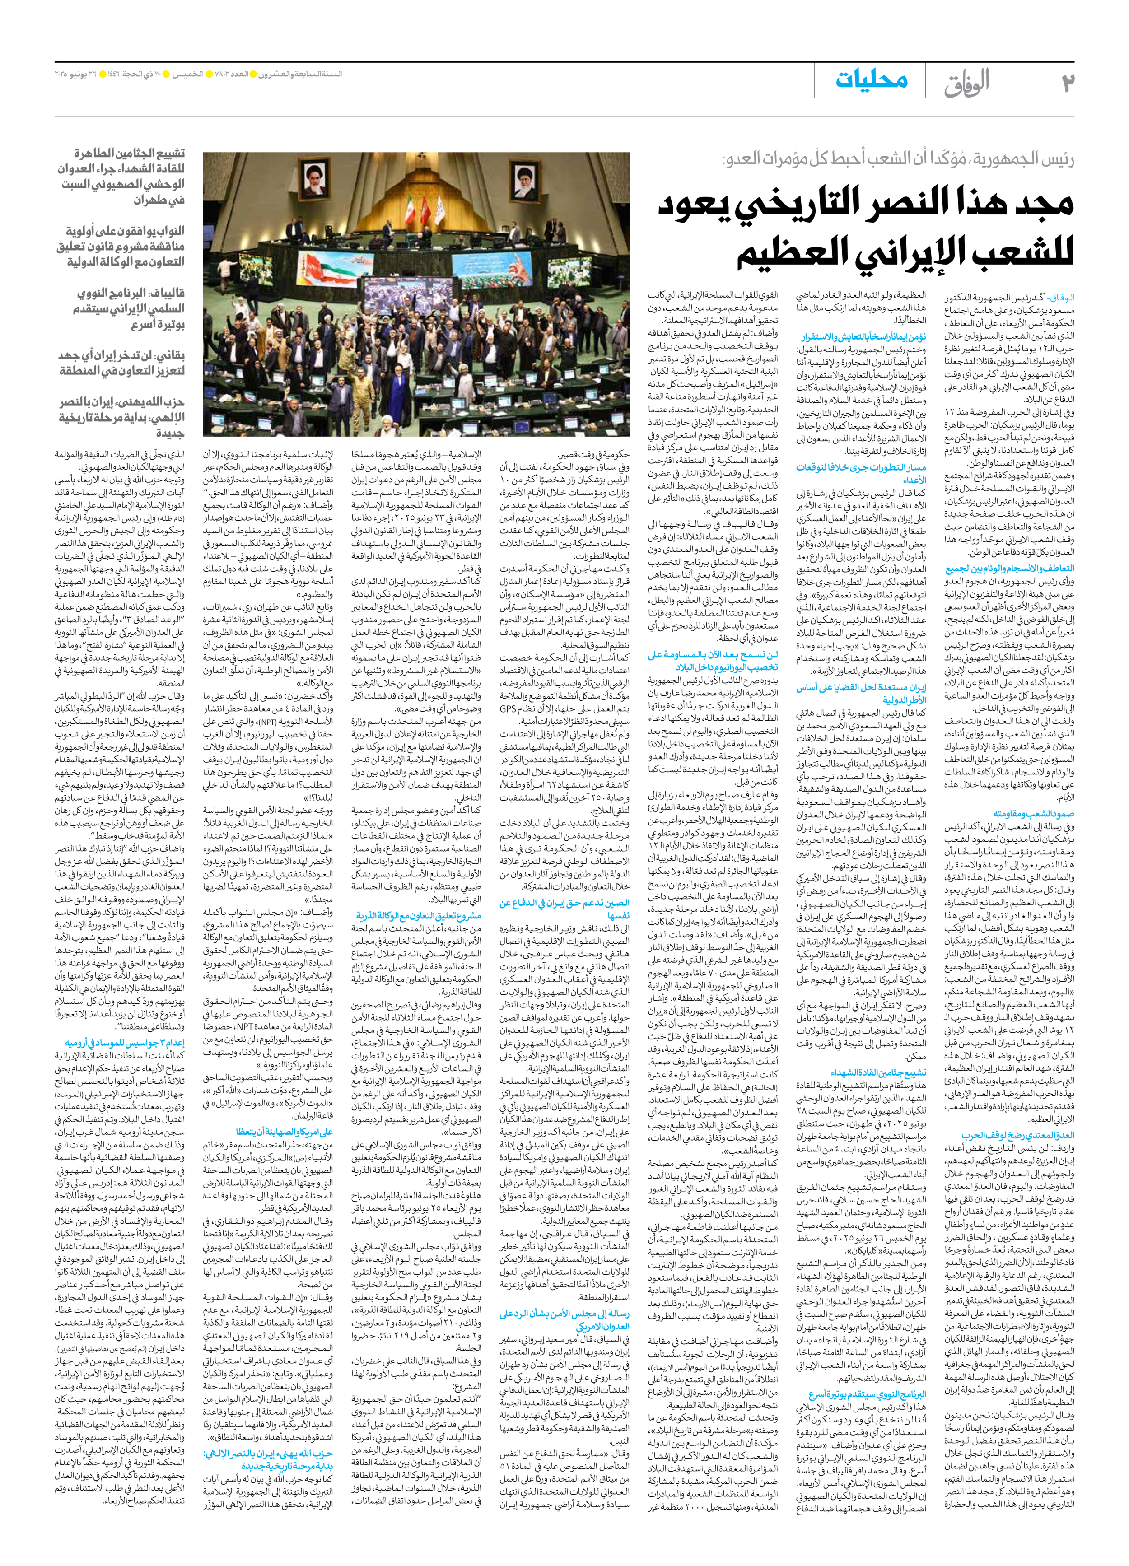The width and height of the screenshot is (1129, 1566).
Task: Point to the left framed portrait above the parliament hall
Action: [313, 182]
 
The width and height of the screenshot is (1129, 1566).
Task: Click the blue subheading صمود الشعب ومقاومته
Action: [1033, 813]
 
